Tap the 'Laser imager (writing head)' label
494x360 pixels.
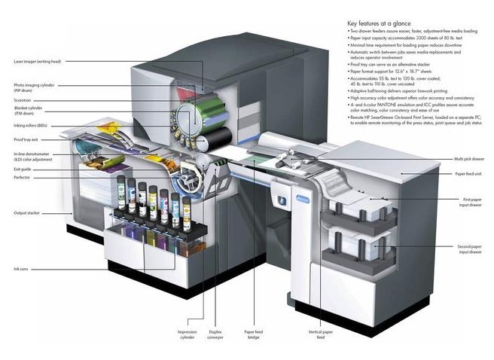coord(38,62)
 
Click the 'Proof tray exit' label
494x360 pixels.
coord(27,140)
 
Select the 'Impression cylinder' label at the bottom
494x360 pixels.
coord(187,334)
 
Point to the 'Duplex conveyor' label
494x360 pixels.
coord(218,334)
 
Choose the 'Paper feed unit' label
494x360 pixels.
coord(470,174)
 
